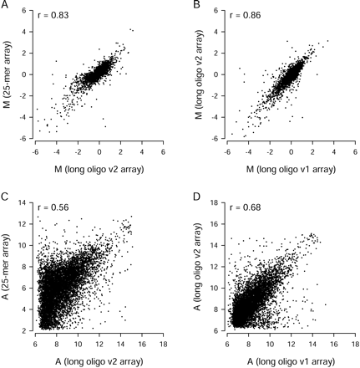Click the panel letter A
pos(5,6)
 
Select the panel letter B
pos(197,6)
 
